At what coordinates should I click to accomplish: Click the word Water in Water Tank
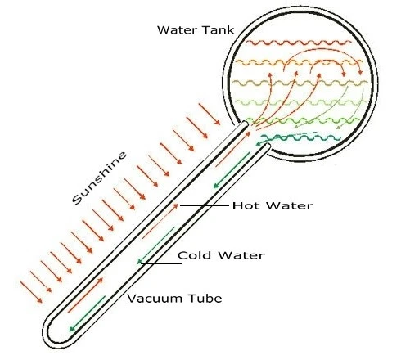177,29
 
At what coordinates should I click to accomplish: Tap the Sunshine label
100,178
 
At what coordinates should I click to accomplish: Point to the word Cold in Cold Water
194,255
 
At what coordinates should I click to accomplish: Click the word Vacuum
155,299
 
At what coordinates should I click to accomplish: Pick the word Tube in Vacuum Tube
205,299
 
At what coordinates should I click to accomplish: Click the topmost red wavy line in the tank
299,43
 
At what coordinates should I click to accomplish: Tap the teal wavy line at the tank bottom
301,137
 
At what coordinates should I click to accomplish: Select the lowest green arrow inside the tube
87,313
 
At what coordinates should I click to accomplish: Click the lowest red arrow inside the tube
86,295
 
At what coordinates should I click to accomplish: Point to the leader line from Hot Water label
204,205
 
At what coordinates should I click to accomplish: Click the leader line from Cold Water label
162,263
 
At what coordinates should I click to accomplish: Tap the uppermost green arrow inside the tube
232,170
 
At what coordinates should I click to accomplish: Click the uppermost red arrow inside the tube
233,149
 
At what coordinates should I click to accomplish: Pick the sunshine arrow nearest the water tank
210,115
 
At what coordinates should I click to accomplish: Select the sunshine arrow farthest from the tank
31,292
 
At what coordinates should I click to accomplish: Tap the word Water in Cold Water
241,255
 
